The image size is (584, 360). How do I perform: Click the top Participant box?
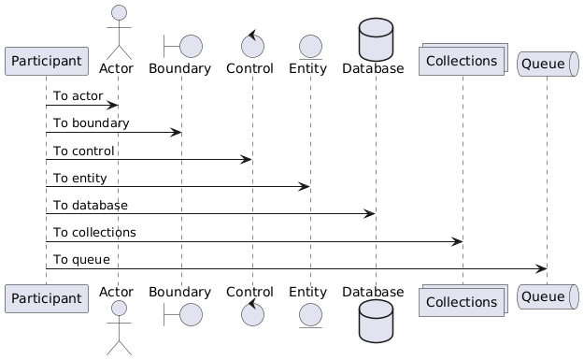pos(47,61)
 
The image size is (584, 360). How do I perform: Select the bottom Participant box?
pos(47,298)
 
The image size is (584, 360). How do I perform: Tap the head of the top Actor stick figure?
pos(120,12)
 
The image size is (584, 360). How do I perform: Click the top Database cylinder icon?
pos(376,39)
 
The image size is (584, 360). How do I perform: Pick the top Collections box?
pos(463,59)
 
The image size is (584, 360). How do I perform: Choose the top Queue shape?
pos(548,64)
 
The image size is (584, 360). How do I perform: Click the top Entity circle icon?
pos(310,47)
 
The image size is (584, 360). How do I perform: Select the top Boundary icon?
pos(183,46)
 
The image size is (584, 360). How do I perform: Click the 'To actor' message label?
pos(78,95)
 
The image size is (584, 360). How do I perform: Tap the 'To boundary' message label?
pos(92,123)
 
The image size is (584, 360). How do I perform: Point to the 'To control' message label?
pos(84,151)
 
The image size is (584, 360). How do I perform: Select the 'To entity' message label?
pos(80,179)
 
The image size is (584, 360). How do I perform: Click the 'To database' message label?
pos(91,206)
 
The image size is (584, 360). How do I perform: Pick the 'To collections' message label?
pos(94,233)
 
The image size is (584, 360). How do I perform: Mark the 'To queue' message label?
pos(81,260)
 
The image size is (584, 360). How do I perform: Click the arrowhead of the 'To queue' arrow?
pos(541,268)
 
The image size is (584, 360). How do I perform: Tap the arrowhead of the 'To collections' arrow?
pos(457,241)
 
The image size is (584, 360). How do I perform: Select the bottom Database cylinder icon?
pos(376,321)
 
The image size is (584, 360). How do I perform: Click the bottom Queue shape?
pos(548,296)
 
